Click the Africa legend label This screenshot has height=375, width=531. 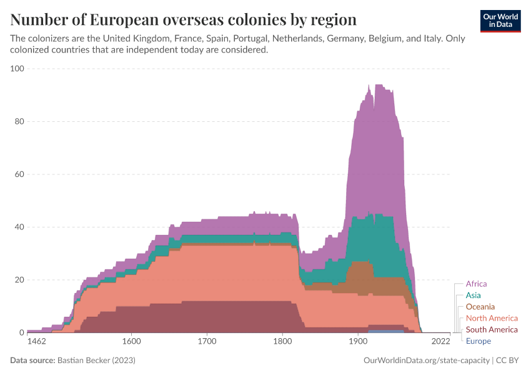coord(476,284)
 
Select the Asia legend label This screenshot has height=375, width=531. coord(473,295)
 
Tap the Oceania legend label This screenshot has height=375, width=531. coord(480,306)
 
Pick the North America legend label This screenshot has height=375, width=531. coord(492,318)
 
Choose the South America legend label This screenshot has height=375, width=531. coord(492,329)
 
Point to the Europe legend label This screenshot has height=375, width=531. coord(478,341)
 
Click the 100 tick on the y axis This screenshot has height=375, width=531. coord(17,68)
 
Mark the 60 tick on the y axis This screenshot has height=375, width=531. coord(19,174)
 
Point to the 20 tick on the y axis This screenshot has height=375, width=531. coord(19,279)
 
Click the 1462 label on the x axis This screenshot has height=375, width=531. coord(37,342)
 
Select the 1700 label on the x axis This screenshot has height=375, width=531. coord(207,342)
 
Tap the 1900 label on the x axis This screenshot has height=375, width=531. coord(358,342)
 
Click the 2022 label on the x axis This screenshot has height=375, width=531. coord(441,342)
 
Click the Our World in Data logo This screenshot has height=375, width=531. coord(500,21)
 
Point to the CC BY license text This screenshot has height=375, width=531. coord(509,361)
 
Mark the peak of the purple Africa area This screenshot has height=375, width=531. coord(377,86)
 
